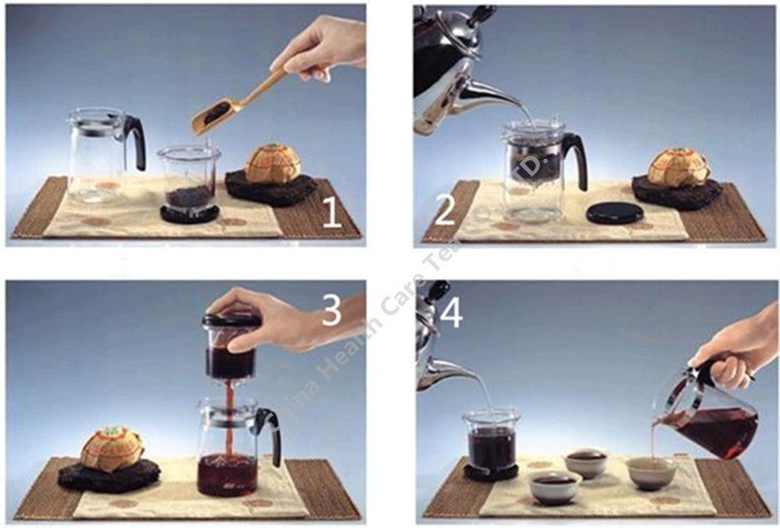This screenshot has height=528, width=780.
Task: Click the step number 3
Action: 331,311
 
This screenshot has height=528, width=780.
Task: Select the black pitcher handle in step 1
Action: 135,140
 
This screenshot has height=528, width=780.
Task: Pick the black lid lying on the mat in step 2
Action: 614,212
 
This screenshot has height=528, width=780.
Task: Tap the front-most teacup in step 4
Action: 554,486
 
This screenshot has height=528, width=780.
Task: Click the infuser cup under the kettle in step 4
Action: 490,442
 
